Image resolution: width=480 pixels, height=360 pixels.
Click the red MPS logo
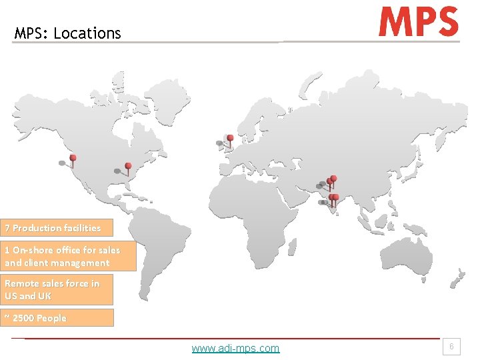coord(419,21)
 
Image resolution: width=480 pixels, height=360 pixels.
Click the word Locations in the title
coord(87,33)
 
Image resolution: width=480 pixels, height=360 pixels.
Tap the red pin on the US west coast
coord(73,159)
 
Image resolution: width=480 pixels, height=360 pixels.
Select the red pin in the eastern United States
coord(128,166)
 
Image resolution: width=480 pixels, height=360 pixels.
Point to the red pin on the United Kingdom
coord(230,139)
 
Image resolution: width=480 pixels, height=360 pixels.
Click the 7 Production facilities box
coord(57,228)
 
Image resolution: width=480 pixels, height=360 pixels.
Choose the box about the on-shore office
coord(69,256)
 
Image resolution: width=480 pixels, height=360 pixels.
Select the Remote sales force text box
coord(57,289)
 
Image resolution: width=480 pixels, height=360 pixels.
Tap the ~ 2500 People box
coord(57,318)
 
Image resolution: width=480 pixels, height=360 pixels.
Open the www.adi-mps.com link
coord(235,348)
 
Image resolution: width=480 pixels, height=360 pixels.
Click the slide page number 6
coord(451,347)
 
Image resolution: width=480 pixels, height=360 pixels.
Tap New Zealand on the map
coord(457,277)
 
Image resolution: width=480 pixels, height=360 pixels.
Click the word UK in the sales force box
coord(45,295)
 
